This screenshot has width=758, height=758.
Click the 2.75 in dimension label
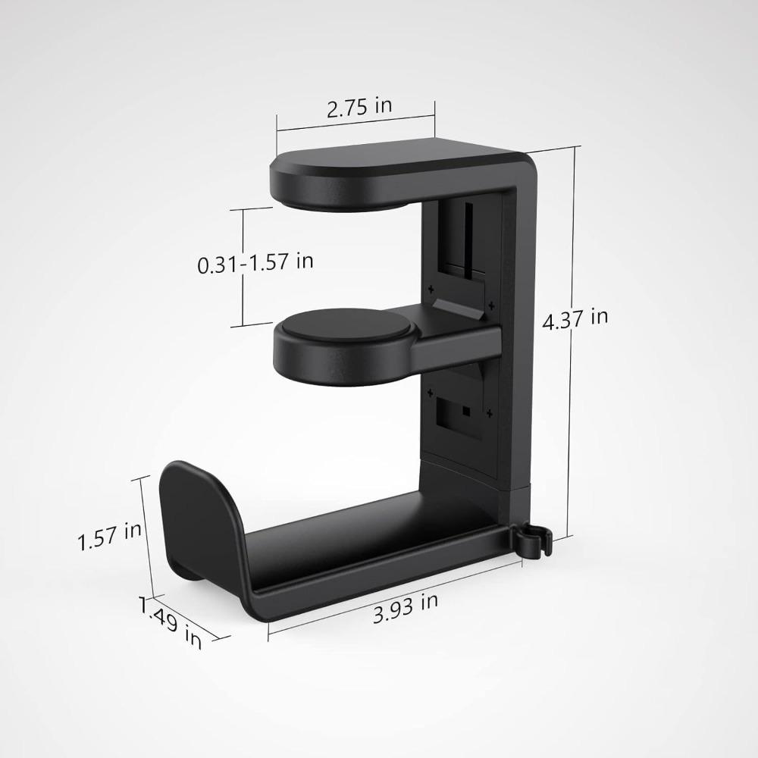(x=359, y=107)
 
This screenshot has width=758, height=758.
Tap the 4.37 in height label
(x=575, y=318)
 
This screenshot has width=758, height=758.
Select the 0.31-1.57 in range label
(x=255, y=263)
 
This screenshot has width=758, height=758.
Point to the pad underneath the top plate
(x=341, y=199)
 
